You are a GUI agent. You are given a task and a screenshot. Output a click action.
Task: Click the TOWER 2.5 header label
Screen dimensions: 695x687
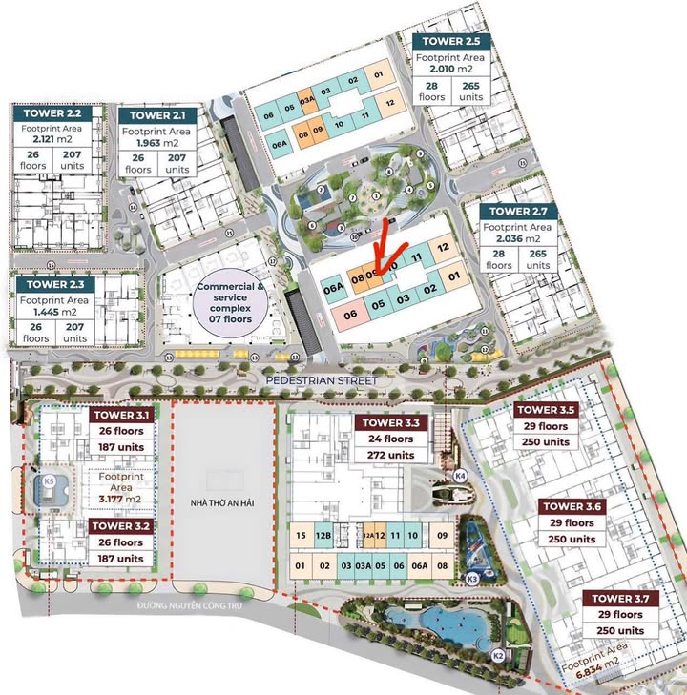tap(451, 42)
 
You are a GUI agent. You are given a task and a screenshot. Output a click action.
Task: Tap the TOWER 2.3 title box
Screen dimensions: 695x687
tap(55, 284)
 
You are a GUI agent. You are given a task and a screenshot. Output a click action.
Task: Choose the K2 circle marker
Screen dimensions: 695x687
tap(497, 655)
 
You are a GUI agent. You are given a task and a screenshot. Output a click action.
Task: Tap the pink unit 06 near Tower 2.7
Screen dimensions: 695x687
tap(350, 315)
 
